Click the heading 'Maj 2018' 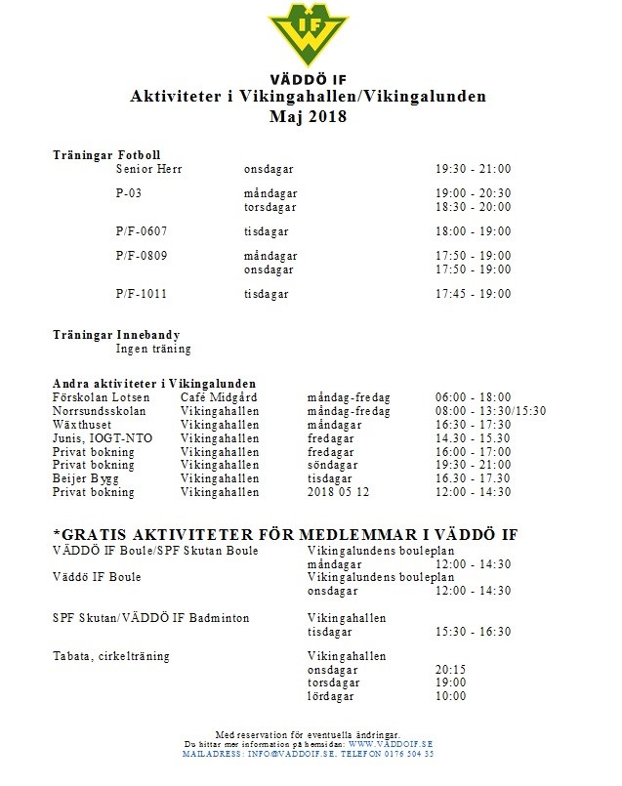pos(308,117)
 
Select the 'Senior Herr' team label pos(148,169)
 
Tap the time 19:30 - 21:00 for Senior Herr pos(473,169)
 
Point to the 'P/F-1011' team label pos(141,293)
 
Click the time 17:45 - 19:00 pos(473,293)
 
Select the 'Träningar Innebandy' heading pos(116,335)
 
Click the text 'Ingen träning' pos(153,349)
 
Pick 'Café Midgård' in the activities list pos(218,397)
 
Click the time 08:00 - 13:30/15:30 pos(490,411)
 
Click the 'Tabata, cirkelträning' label pos(110,656)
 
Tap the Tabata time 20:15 pos(450,670)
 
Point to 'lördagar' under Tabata pos(330,696)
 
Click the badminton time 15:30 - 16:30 pos(473,632)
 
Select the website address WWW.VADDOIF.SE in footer pos(390,744)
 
